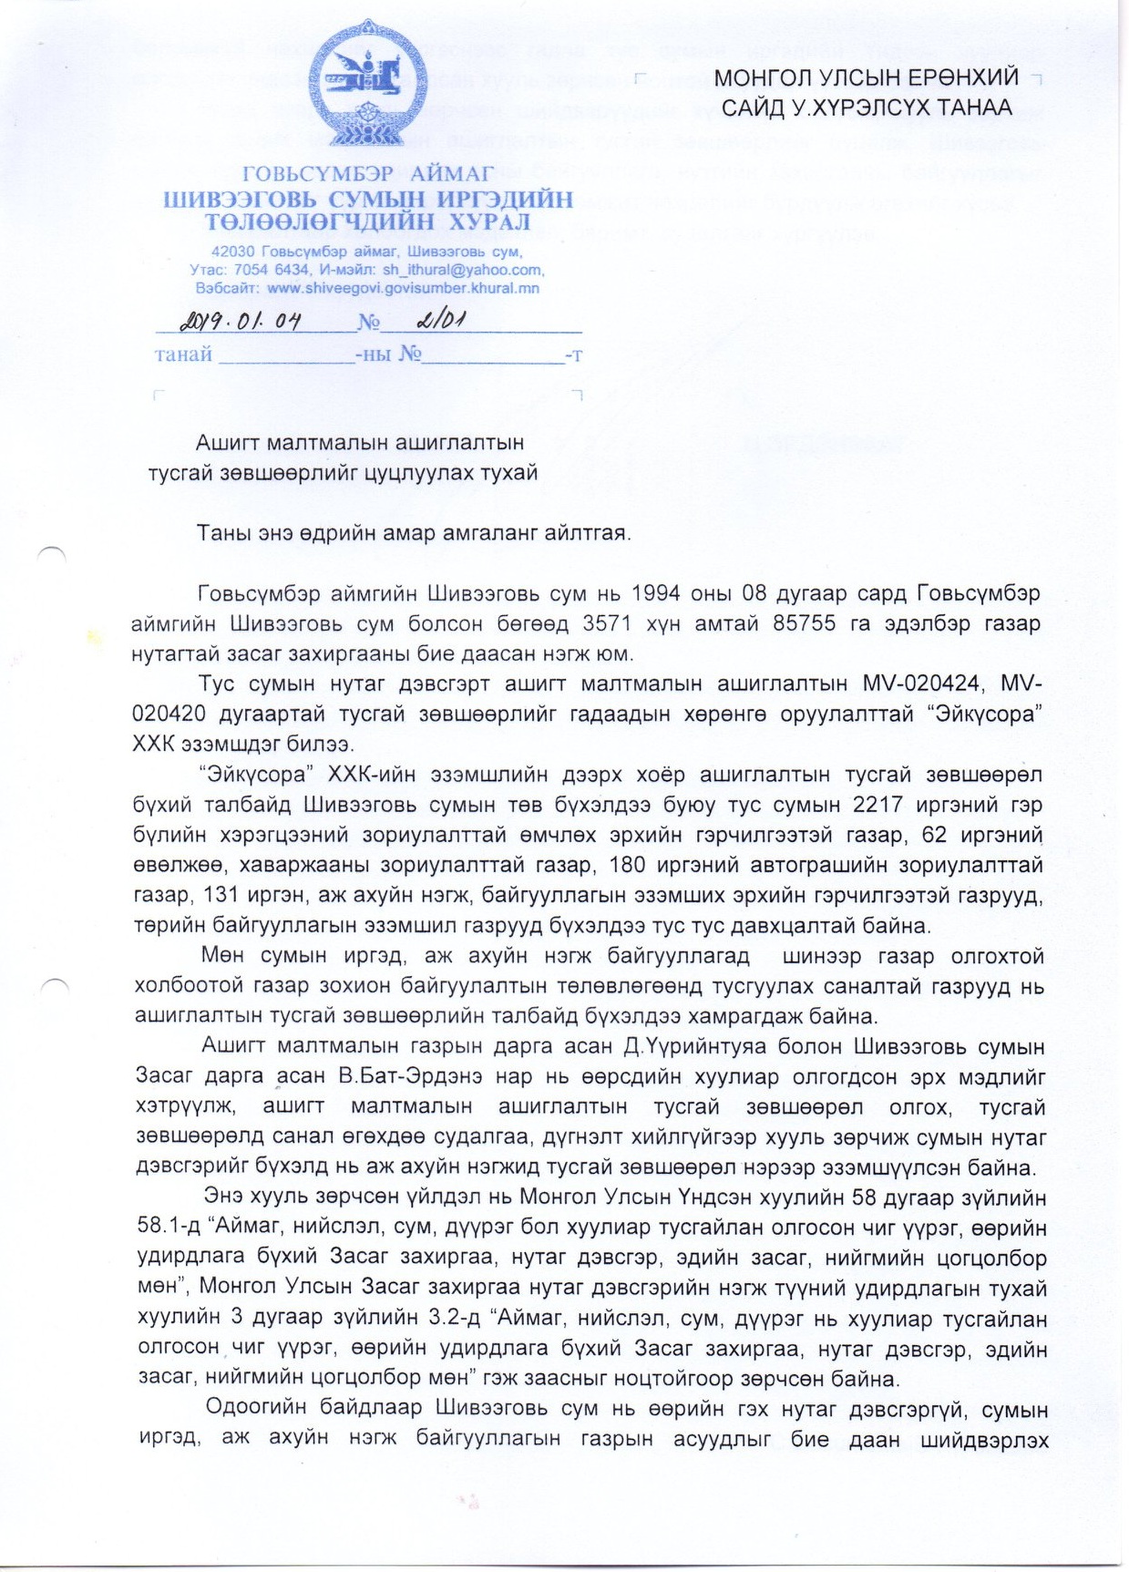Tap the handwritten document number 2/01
[x=441, y=321]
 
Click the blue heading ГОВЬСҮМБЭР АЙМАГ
[x=368, y=173]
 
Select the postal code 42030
[x=232, y=252]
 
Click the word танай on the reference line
[x=183, y=354]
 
